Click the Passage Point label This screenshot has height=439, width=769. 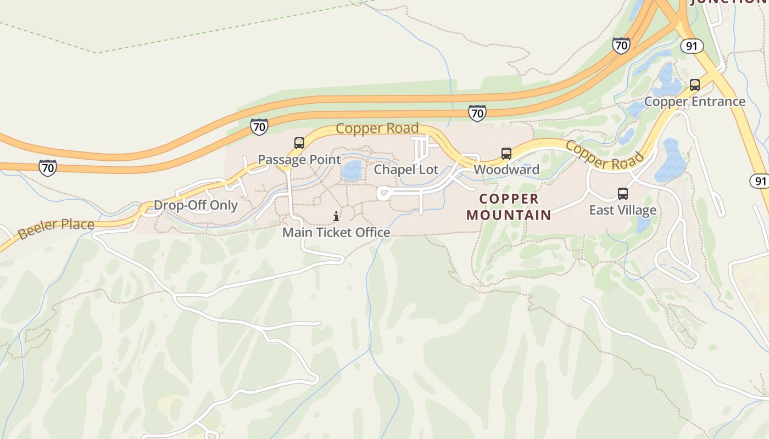pos(299,160)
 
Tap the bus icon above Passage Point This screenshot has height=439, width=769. pos(299,143)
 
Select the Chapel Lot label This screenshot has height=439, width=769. pos(406,170)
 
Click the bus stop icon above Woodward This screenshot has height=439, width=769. pos(506,154)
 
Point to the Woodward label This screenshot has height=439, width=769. pos(506,170)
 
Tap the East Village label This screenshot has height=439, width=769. pos(622,210)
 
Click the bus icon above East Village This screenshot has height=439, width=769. pos(623,194)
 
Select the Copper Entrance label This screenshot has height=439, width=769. pos(694,102)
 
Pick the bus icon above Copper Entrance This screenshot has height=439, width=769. pos(695,85)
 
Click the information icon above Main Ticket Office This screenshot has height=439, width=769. pos(336,217)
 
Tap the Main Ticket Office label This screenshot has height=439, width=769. pos(336,233)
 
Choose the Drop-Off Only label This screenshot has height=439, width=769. pos(196,205)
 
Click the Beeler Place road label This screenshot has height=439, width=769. pos(56,229)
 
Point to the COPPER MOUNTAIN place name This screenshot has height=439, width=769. pos(509,207)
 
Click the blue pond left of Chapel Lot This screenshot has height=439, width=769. pos(352,171)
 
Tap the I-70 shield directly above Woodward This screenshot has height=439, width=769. pos(477,113)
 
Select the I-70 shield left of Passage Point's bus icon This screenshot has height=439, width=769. pos(259,127)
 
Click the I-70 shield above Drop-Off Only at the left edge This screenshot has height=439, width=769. pos(48,168)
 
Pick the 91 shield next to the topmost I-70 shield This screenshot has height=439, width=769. pos(692,46)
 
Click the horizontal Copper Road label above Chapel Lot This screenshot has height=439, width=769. pos(377,128)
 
